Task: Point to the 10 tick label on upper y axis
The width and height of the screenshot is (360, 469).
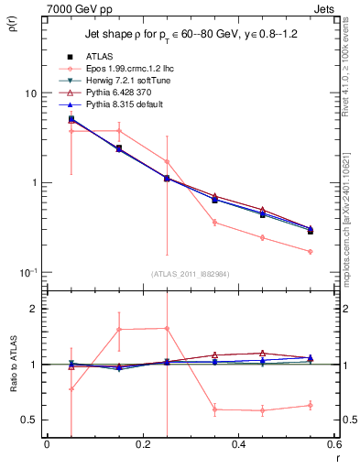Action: tap(29, 93)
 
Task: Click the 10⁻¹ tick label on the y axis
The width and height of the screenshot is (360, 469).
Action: tap(27, 272)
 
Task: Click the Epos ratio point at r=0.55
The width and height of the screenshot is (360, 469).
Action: tap(311, 405)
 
